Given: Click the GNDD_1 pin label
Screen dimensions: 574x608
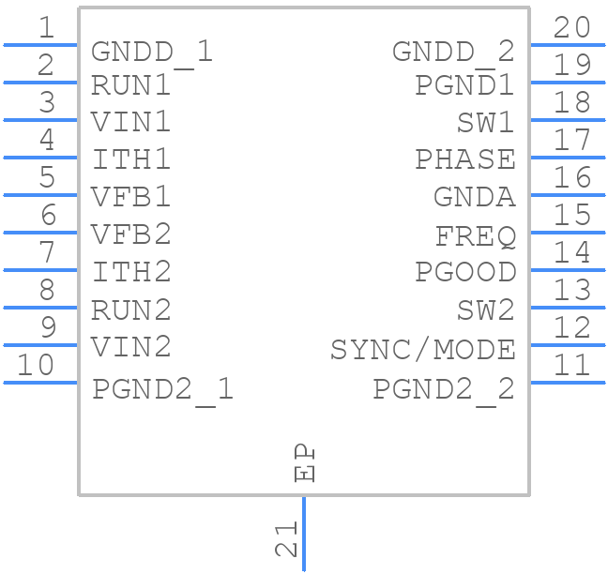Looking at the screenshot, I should tap(152, 51).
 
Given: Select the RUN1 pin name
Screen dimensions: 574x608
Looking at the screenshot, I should tap(131, 85).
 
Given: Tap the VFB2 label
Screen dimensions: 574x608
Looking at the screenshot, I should tap(131, 234).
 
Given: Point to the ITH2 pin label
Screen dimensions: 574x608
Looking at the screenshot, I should tap(131, 272).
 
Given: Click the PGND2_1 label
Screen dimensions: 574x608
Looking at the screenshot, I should tap(162, 388).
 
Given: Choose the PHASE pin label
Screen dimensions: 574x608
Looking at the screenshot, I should tap(465, 159).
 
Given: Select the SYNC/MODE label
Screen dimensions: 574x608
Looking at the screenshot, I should tap(422, 350).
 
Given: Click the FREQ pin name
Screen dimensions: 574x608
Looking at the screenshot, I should tap(476, 235).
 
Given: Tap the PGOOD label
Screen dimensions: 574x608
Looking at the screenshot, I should tap(465, 272).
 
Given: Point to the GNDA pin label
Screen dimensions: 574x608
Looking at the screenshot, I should tap(474, 197).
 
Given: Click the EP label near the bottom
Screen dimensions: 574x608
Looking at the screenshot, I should tap(305, 462).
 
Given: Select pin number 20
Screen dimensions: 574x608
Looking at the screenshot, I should tap(572, 27).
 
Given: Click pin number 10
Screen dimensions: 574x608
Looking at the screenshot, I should tap(37, 365).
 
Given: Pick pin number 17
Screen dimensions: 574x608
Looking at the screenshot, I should tap(572, 140).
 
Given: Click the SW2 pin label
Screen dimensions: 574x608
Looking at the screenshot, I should tap(486, 310).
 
